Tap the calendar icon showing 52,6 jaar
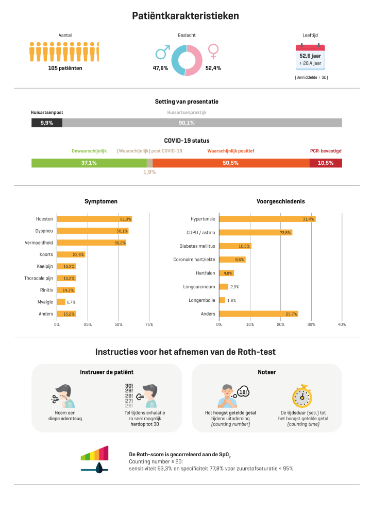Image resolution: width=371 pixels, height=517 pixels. click(310, 59)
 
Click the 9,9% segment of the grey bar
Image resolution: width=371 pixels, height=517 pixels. click(46, 123)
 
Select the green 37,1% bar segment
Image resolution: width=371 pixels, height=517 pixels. click(89, 163)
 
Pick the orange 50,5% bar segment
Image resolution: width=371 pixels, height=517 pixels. click(231, 163)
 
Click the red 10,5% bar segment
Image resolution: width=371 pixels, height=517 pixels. click(326, 163)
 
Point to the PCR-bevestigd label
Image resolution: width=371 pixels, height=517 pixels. click(326, 151)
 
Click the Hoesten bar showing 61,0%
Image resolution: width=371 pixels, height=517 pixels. click(94, 219)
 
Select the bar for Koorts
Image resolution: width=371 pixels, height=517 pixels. click(71, 254)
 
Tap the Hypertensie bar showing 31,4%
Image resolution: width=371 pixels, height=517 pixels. click(267, 219)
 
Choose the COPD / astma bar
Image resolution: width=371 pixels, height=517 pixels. click(256, 233)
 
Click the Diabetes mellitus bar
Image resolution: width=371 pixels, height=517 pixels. click(235, 246)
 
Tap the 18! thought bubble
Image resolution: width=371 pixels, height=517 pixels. click(244, 392)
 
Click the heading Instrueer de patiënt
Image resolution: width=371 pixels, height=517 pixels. click(107, 372)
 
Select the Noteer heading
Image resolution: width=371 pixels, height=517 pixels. click(266, 372)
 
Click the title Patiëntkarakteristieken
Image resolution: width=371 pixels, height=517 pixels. click(185, 16)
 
